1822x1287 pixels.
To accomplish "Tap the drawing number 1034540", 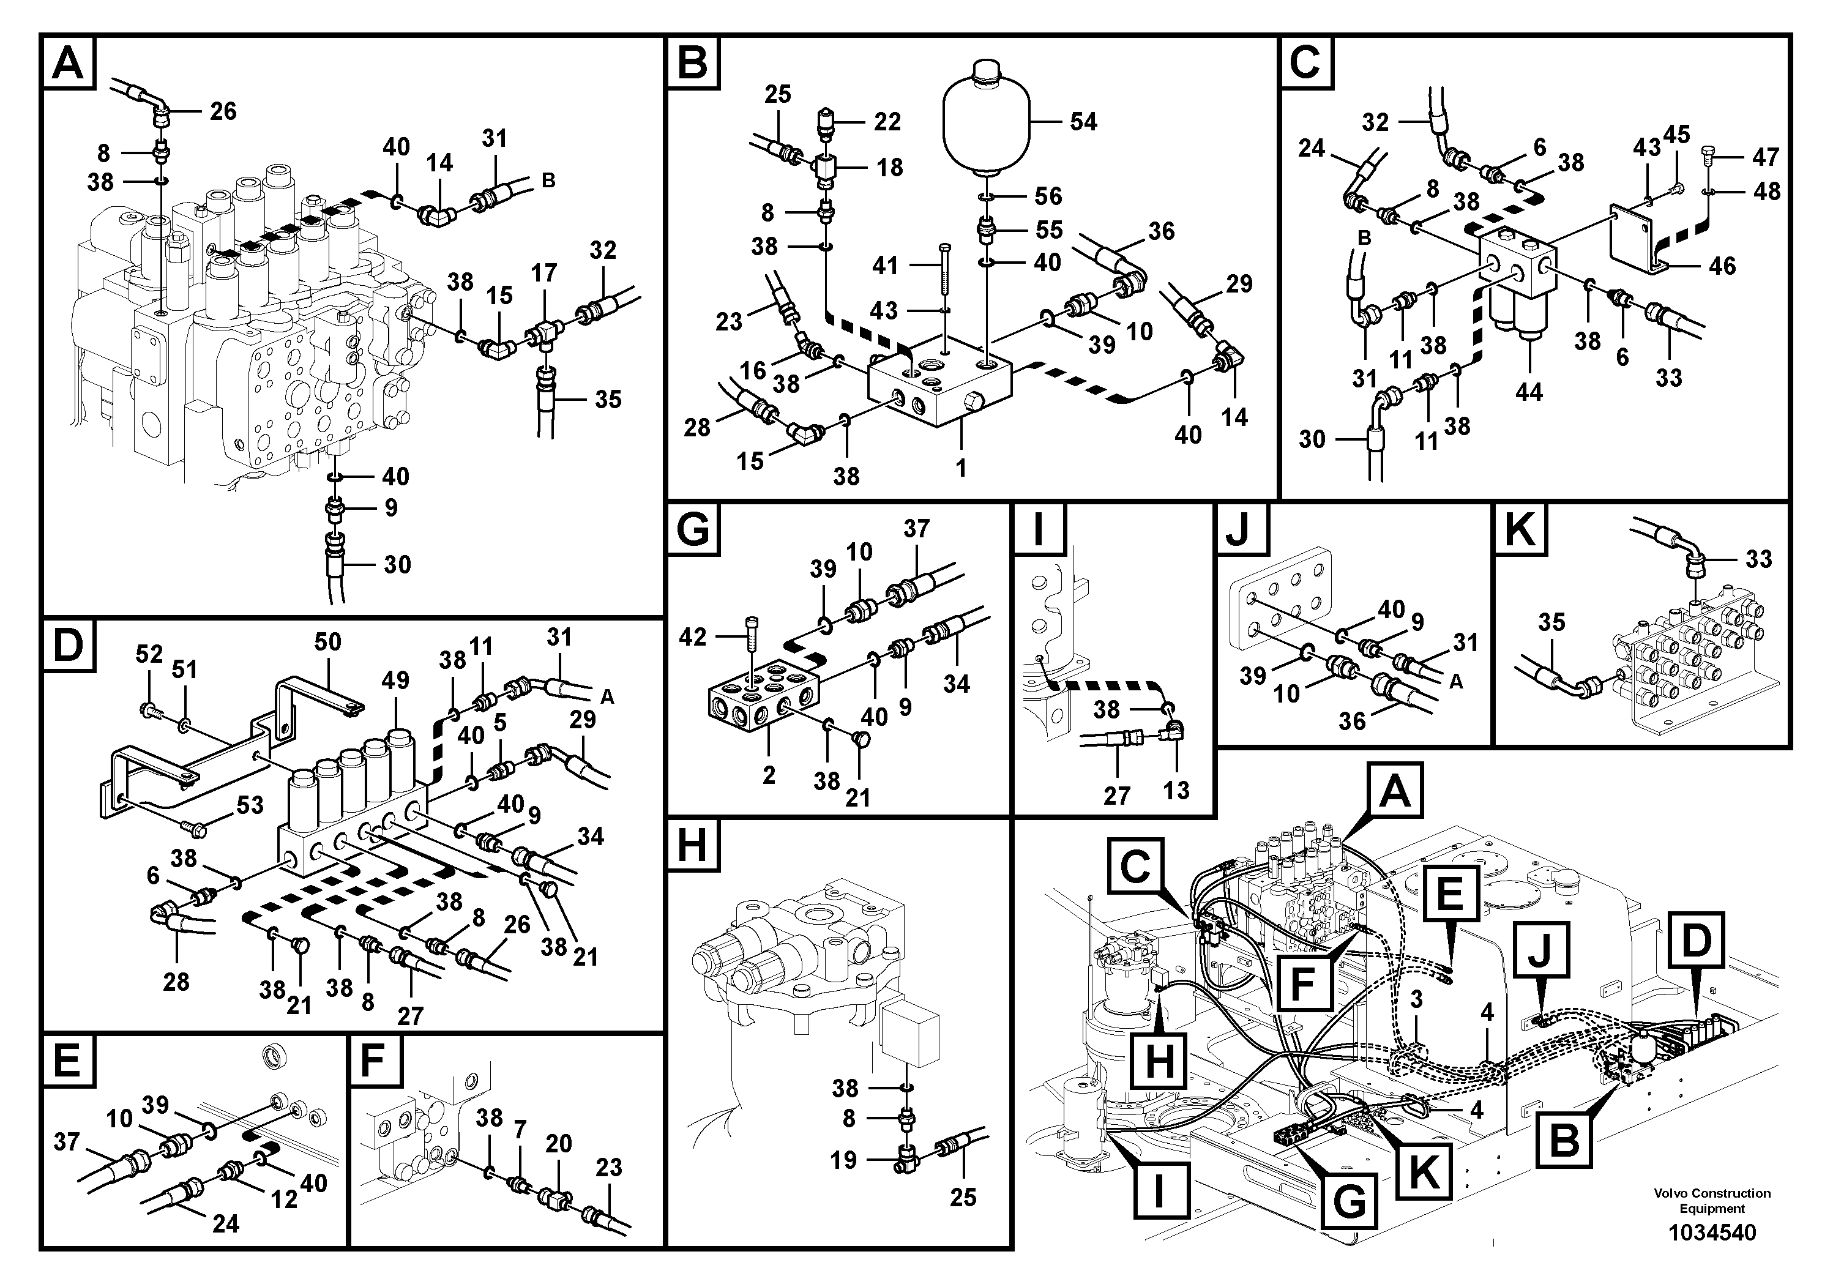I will point(1712,1233).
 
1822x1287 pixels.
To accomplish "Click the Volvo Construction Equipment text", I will point(1712,1201).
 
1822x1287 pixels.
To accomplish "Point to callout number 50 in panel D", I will point(327,641).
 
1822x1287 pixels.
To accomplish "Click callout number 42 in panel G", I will point(692,637).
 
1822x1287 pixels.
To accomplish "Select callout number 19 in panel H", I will point(843,1160).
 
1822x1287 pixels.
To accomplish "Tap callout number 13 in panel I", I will point(1176,790).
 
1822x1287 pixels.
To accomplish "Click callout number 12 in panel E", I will point(283,1198).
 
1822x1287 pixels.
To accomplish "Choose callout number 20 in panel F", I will point(558,1143).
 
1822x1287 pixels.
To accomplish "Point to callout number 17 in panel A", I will point(543,273).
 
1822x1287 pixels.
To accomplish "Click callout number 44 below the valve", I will point(1528,391).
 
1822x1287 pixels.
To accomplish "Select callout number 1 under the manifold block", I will point(960,468).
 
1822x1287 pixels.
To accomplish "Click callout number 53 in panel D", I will point(249,805).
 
